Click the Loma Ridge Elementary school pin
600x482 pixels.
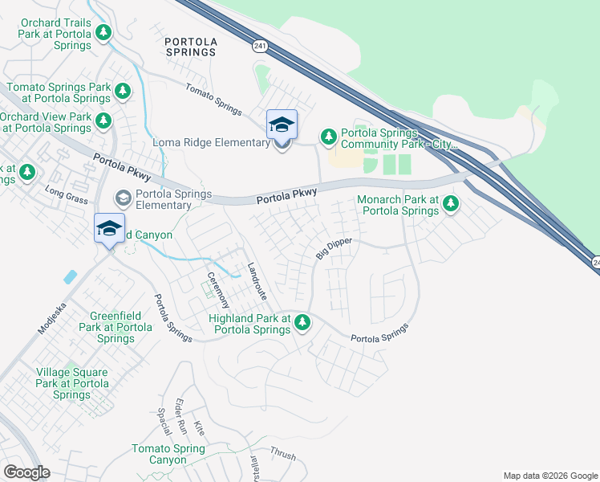coord(282,125)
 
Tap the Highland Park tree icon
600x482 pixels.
coord(302,323)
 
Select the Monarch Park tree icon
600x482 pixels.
coord(451,204)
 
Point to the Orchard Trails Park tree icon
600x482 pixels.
coord(103,32)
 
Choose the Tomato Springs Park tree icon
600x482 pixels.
coord(122,92)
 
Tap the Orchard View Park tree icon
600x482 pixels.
coord(103,121)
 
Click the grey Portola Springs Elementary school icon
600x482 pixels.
coord(123,198)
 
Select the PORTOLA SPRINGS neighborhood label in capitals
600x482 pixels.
coord(190,47)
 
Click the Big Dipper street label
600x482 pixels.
coord(334,246)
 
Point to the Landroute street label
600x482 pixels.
coord(257,282)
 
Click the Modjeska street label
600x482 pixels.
coord(51,319)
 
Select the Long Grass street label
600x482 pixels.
coord(65,192)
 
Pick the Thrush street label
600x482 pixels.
coord(282,454)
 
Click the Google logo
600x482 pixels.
coord(26,472)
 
